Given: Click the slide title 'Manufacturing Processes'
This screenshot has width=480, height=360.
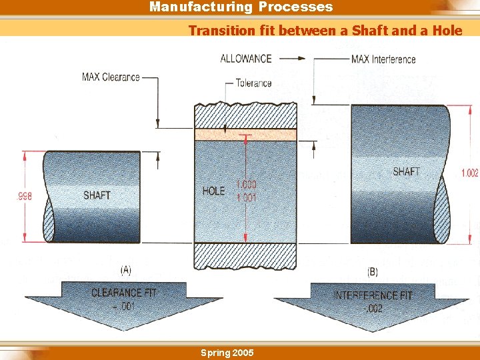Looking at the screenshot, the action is (x=241, y=7).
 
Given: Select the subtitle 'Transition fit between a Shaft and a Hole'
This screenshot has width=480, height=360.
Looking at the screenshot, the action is (x=325, y=30).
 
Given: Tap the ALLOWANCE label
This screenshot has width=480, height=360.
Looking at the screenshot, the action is (x=246, y=59).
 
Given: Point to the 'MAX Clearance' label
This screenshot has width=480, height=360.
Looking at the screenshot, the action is (x=111, y=77).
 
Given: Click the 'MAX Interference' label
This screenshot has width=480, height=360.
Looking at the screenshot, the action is (x=383, y=59).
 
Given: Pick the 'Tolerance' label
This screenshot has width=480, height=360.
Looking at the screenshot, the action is (x=253, y=83).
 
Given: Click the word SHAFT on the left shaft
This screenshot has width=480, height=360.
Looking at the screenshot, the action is (x=97, y=195).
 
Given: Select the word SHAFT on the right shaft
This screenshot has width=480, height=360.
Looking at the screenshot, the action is (x=406, y=171).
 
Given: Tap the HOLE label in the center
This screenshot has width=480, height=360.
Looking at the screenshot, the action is (x=213, y=191).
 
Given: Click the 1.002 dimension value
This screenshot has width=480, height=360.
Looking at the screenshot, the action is (x=469, y=173).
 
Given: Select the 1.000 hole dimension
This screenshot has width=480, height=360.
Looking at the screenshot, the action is (x=246, y=185).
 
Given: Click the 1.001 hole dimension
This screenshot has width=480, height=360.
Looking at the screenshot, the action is (x=246, y=197).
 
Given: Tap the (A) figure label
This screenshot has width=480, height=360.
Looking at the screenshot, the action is (x=125, y=270).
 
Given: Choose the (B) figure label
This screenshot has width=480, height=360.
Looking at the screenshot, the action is (x=373, y=271).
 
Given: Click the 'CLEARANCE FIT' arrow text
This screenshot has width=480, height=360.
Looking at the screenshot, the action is (x=124, y=293).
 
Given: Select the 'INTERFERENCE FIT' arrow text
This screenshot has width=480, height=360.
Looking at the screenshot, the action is (x=373, y=295).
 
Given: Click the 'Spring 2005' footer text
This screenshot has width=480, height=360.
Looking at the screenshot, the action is (x=227, y=353).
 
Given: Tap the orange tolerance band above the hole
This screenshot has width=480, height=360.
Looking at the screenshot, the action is (x=245, y=135).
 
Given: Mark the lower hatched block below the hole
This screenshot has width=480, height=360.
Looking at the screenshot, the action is (x=245, y=256).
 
